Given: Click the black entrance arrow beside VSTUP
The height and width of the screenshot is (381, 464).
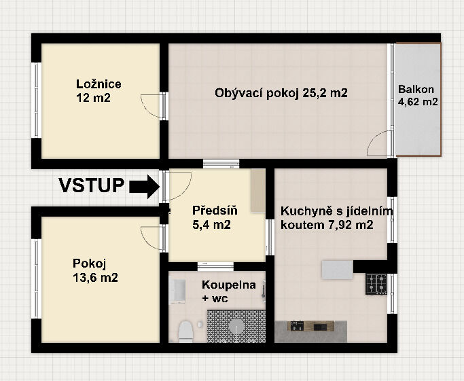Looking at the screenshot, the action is click(x=145, y=186).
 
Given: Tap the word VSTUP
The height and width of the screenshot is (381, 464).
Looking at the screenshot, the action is click(x=92, y=185).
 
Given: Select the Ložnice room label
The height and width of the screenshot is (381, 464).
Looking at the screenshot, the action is click(x=99, y=84).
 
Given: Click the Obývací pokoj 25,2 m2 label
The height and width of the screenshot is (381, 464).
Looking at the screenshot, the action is click(x=281, y=93).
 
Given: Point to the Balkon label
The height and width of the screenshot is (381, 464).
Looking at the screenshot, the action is click(x=416, y=89).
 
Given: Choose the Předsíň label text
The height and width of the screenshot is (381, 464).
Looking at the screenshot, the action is click(x=215, y=211).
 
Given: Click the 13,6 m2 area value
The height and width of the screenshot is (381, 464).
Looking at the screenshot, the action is click(x=95, y=278).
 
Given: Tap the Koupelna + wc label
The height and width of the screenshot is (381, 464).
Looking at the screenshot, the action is click(x=229, y=291).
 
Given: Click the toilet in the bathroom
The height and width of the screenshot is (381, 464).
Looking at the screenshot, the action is click(x=186, y=331).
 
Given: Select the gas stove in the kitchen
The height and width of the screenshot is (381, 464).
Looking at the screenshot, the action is click(x=376, y=284).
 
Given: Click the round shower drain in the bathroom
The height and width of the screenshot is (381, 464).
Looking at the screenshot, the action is click(x=236, y=327).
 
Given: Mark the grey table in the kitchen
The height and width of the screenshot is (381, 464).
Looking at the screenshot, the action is click(x=338, y=270).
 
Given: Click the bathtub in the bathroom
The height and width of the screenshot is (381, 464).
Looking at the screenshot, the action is click(x=177, y=291).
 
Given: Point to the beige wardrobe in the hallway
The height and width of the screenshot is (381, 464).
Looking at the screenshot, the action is click(x=258, y=190).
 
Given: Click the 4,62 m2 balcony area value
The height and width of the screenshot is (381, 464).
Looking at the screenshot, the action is click(x=418, y=102).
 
